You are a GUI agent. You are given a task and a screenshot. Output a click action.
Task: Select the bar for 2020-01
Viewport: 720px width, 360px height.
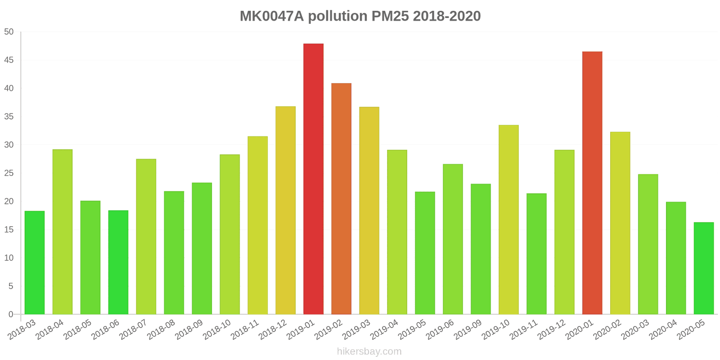click(592, 183)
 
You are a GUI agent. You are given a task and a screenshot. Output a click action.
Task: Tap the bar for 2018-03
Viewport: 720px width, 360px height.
click(35, 263)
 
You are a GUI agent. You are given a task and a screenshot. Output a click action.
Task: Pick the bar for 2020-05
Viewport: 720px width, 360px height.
click(704, 268)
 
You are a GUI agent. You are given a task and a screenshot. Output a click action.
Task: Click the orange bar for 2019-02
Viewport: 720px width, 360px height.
click(341, 199)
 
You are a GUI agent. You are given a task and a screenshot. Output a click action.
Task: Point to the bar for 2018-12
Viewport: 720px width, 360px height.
click(285, 210)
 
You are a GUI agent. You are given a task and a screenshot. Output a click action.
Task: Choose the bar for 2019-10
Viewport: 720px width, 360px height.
click(508, 220)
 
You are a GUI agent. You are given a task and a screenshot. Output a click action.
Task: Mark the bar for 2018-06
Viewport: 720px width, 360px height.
click(118, 262)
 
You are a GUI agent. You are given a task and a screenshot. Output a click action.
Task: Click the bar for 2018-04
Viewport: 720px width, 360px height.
click(63, 232)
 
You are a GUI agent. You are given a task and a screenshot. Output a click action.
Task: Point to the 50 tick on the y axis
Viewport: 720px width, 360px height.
click(9, 32)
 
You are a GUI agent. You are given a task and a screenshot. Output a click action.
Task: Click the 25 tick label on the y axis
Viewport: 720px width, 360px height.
click(9, 173)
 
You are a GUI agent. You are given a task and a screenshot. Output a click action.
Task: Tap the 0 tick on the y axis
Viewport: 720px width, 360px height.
click(11, 315)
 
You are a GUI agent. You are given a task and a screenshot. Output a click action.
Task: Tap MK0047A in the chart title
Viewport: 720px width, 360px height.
click(272, 16)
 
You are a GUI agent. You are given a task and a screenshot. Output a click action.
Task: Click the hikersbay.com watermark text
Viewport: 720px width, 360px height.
click(369, 351)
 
